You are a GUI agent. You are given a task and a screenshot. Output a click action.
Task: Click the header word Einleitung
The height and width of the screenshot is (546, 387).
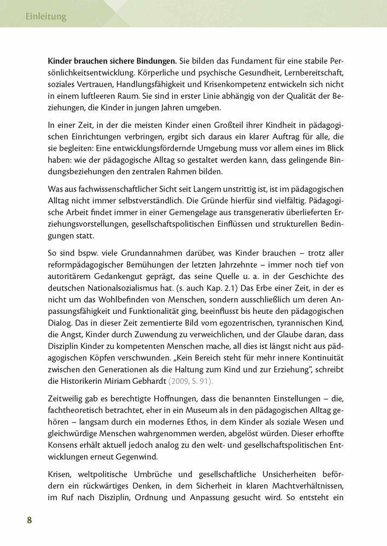tap(46, 17)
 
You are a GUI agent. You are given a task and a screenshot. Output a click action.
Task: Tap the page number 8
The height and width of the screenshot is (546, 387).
tap(30, 519)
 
